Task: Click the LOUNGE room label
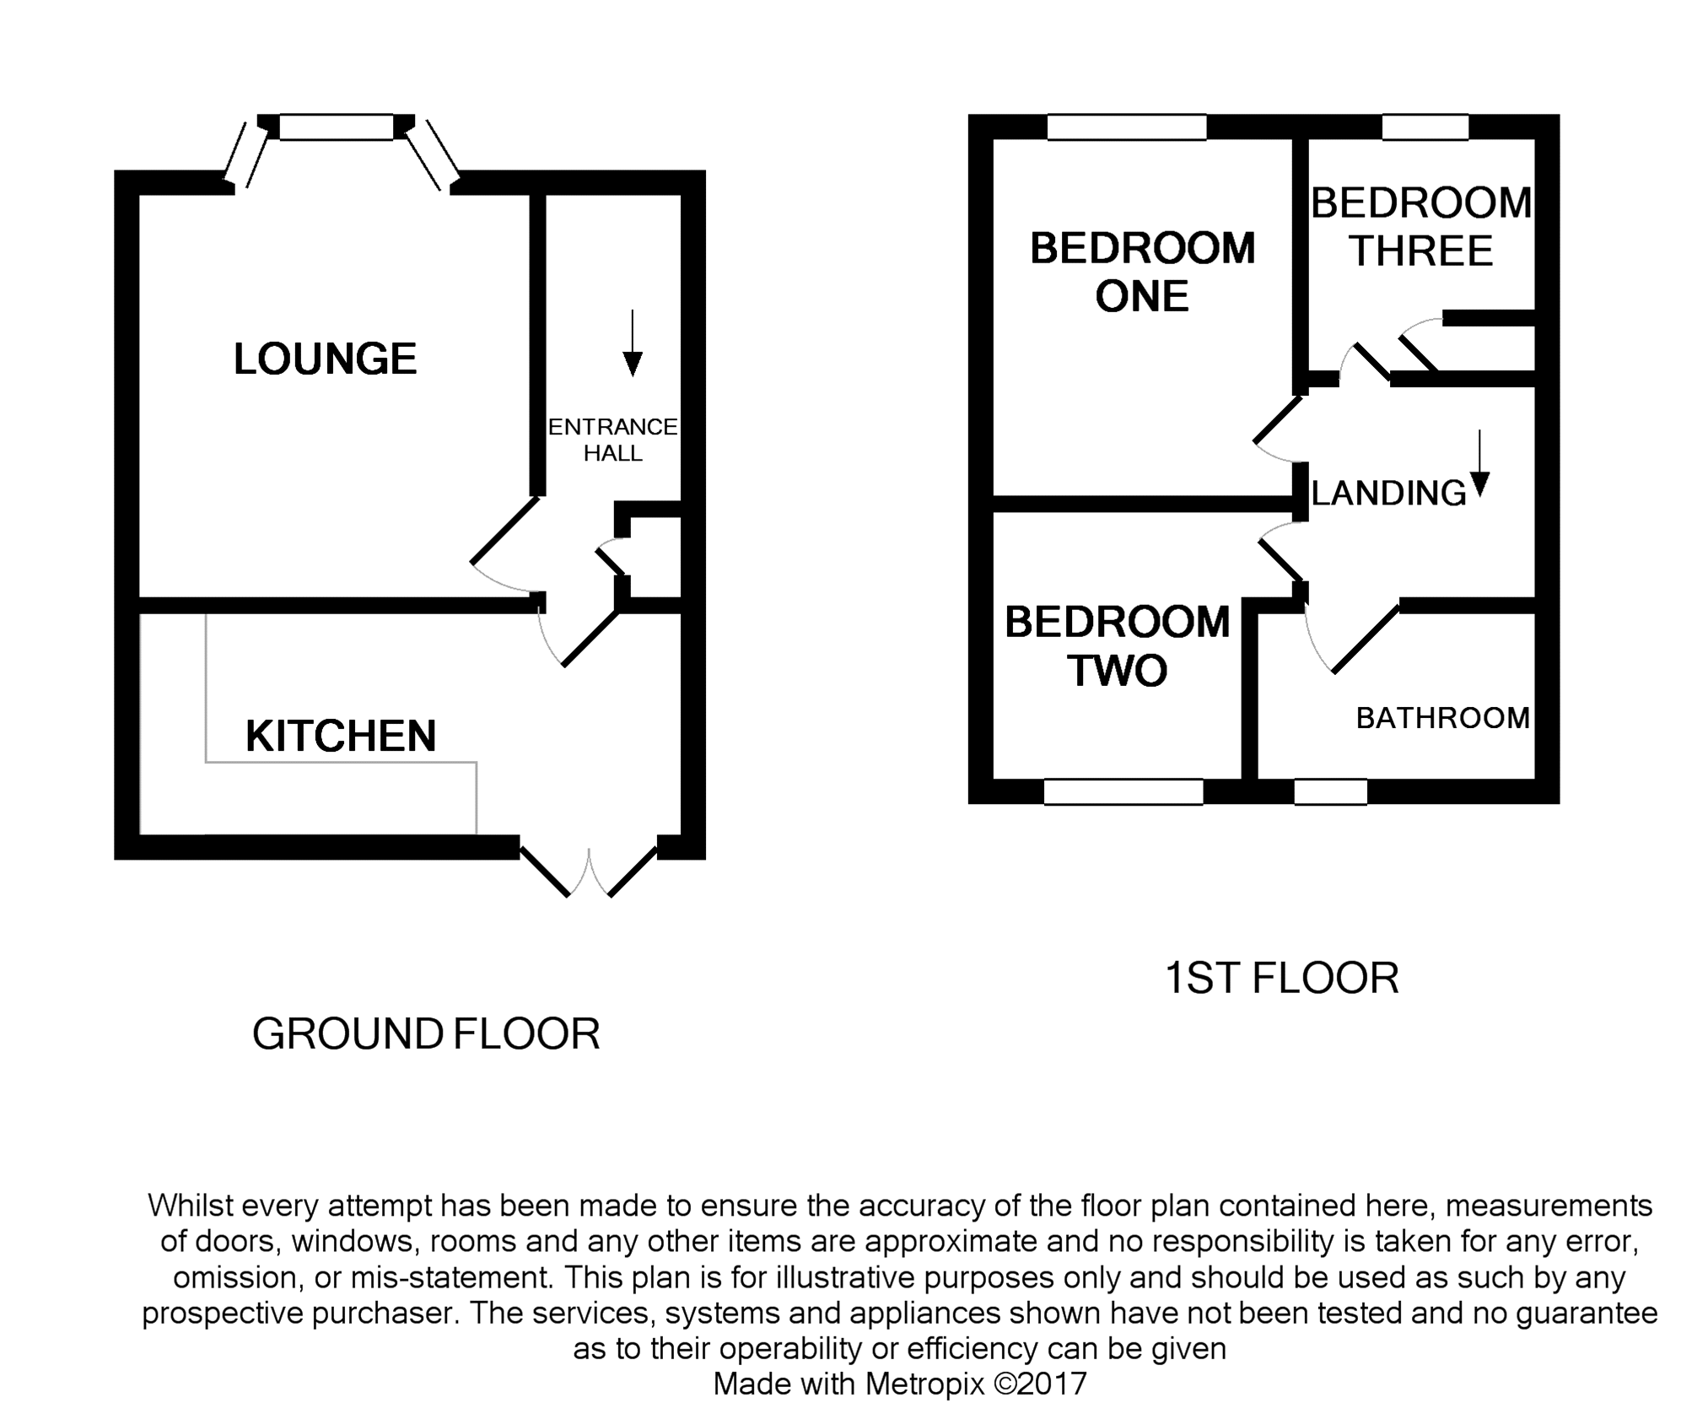point(325,359)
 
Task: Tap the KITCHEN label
point(341,736)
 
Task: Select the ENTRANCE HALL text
point(613,440)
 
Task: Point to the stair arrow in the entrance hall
point(632,343)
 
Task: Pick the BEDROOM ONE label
point(1143,272)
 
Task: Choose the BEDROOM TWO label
point(1118,646)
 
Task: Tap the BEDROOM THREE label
point(1421,226)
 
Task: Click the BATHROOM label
point(1442,718)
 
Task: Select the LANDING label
point(1389,493)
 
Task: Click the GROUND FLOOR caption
point(426,1034)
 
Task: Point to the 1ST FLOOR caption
point(1281,979)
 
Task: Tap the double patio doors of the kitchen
point(588,867)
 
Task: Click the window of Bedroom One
point(1127,127)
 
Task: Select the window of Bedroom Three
point(1425,127)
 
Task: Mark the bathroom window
point(1331,791)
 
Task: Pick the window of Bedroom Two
point(1123,791)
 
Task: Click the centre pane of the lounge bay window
point(337,127)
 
